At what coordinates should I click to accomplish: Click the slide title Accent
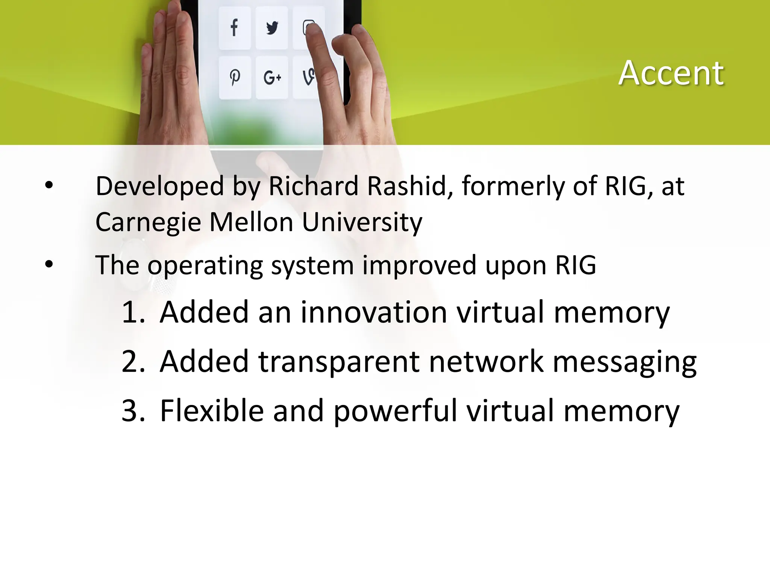671,73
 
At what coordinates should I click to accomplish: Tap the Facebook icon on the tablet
234,27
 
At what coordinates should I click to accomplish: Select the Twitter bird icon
271,27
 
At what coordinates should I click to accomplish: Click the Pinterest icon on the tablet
235,78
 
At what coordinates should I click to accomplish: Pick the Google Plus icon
272,78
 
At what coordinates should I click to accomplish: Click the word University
362,222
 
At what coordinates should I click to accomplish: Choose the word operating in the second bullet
205,266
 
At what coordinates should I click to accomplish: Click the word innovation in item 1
374,312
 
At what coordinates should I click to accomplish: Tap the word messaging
624,362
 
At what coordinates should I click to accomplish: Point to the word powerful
395,411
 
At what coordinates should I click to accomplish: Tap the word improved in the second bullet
419,266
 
